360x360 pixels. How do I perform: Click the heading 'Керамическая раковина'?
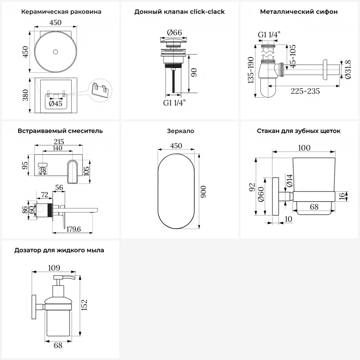pyautogui.click(x=61, y=12)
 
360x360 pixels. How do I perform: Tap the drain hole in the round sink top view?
pyautogui.click(x=55, y=52)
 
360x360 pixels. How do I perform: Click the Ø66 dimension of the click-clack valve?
pyautogui.click(x=174, y=32)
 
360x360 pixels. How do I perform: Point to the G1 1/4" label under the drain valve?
pyautogui.click(x=174, y=103)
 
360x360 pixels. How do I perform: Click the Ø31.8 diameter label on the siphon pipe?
pyautogui.click(x=347, y=68)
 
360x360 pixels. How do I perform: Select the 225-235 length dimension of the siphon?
pyautogui.click(x=306, y=91)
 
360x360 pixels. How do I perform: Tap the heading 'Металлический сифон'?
pyautogui.click(x=299, y=12)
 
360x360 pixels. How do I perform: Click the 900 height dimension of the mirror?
pyautogui.click(x=203, y=191)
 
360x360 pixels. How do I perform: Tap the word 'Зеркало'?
pyautogui.click(x=180, y=131)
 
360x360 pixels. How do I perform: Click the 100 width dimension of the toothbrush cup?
pyautogui.click(x=304, y=148)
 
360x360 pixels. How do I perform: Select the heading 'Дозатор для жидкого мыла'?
pyautogui.click(x=59, y=250)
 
